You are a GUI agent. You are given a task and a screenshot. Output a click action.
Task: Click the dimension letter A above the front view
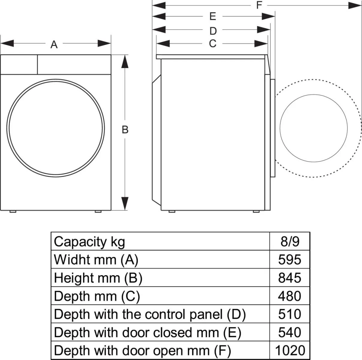point(54,44)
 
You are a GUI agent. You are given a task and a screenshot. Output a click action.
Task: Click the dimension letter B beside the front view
point(125,130)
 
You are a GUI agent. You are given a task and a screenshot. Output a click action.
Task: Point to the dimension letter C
point(212,44)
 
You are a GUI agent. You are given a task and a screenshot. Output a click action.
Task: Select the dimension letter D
point(213,31)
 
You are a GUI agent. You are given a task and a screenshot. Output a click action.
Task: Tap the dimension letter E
point(213,16)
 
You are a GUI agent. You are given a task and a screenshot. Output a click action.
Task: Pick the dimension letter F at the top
point(259,5)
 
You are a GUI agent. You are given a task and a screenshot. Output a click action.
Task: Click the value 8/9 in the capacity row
point(290,241)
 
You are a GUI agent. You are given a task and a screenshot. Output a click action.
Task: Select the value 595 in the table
point(290,259)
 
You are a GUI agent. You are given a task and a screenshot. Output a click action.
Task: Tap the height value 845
point(290,278)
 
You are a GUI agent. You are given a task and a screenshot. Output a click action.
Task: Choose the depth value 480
point(290,296)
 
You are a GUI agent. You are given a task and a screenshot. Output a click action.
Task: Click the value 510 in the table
point(290,314)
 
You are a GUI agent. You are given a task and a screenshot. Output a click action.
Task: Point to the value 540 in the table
point(290,332)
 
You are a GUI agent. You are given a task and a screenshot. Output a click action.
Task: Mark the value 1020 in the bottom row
point(290,350)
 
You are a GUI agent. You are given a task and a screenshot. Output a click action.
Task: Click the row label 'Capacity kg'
point(89,242)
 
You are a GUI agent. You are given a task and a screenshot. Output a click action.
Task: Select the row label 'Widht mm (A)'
point(96,260)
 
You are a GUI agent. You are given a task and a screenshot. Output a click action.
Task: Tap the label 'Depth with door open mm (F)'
point(142,350)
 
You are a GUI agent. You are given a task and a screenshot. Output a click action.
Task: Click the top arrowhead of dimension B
point(125,61)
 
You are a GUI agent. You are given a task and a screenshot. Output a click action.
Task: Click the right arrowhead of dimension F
point(355,5)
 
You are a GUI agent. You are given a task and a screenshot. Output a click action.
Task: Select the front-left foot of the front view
point(13,211)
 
